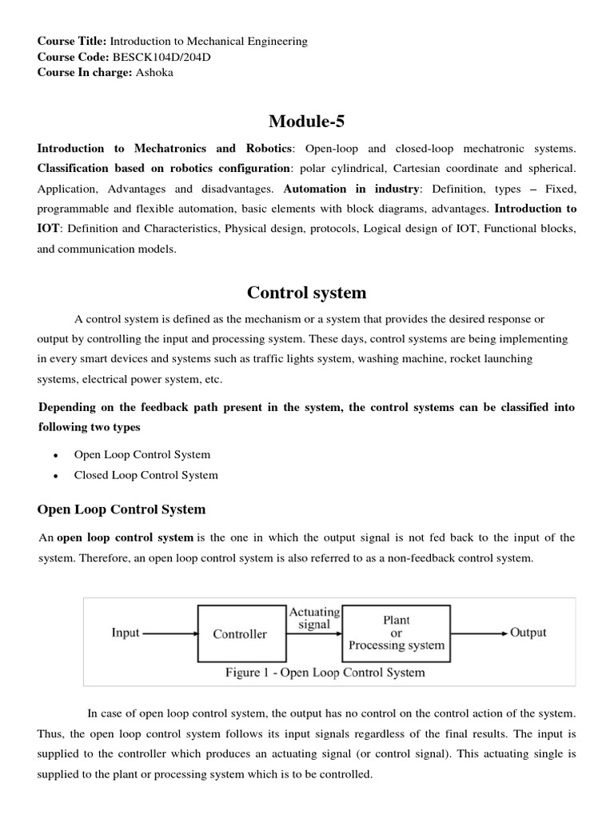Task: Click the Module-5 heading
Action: coord(306,121)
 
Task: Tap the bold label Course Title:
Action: coord(72,41)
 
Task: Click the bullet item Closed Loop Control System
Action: coord(146,475)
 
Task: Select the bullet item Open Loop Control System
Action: coord(142,454)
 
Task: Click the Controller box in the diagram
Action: coord(240,634)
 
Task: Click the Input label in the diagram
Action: coord(126,633)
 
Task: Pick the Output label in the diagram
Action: coord(528,633)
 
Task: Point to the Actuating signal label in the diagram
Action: coord(314,618)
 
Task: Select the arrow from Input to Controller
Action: coord(169,633)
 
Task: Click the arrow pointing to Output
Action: coord(478,633)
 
